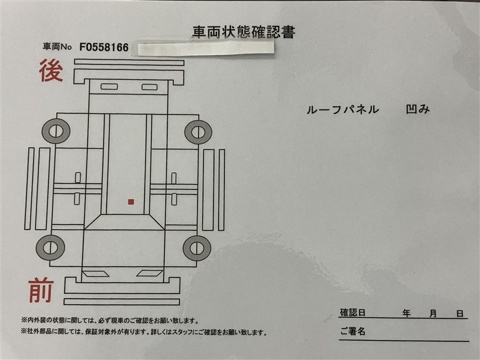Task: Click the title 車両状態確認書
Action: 244,32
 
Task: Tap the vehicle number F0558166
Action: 104,47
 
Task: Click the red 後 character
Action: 51,71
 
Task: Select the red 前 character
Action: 41,290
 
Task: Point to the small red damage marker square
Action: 131,202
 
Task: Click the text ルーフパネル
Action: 343,110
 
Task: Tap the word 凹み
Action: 418,109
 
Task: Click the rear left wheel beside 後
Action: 56,131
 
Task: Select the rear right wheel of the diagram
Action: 198,132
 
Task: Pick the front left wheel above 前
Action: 50,247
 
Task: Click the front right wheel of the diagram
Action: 197,248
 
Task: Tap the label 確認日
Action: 353,313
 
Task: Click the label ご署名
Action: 353,331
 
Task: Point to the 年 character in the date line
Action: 407,313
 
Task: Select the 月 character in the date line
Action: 433,313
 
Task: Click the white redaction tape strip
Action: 206,49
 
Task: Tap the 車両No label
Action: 57,47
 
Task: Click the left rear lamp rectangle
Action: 109,86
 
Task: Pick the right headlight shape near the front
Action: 149,273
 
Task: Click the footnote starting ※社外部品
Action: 144,332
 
